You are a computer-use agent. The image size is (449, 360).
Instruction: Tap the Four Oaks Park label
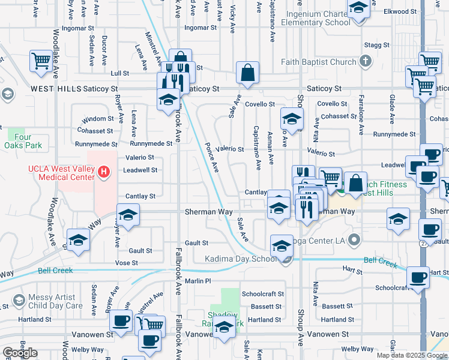pyautogui.click(x=23, y=141)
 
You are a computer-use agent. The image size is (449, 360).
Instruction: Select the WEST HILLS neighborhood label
pyautogui.click(x=55, y=89)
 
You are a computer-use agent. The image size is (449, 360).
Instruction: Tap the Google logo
pyautogui.click(x=20, y=353)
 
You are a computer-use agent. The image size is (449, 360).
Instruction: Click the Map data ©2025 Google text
pyautogui.click(x=411, y=355)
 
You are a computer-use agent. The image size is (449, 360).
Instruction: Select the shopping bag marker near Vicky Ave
pyautogui.click(x=247, y=73)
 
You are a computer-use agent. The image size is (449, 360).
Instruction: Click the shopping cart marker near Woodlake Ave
pyautogui.click(x=41, y=61)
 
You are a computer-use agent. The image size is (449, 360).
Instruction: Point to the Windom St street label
pyautogui.click(x=98, y=119)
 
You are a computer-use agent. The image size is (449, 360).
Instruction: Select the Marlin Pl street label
pyautogui.click(x=199, y=281)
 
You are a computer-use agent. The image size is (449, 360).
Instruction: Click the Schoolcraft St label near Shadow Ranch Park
pyautogui.click(x=262, y=294)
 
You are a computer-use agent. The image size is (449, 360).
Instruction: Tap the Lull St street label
pyautogui.click(x=120, y=73)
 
